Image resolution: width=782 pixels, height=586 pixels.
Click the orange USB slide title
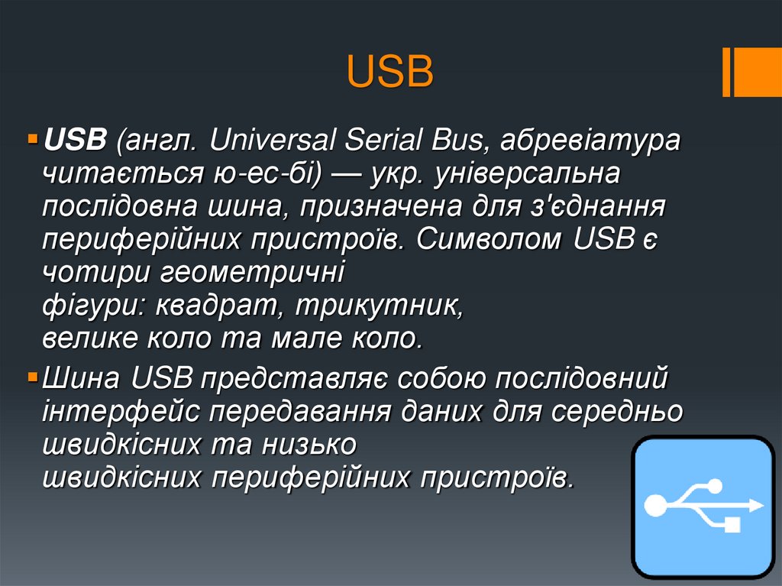[x=390, y=73]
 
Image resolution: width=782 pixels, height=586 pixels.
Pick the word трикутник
[x=379, y=306]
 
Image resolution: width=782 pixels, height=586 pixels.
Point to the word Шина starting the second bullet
[x=82, y=378]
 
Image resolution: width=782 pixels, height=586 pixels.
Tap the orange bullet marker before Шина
[x=32, y=378]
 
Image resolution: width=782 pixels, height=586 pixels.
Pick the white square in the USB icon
[x=732, y=525]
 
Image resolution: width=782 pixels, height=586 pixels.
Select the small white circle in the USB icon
[x=715, y=484]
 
